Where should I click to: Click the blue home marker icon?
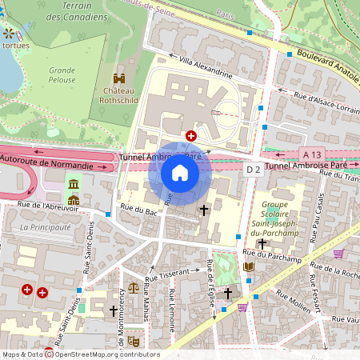pos(180,173)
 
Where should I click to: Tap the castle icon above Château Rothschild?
pos(118,79)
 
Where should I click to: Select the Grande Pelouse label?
pos(62,74)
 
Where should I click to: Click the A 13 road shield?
pos(312,154)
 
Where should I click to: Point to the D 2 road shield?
pos(253,169)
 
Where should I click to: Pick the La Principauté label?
pos(46,227)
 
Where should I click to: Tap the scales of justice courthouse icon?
pos(134,286)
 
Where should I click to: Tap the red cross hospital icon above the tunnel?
pos(191,137)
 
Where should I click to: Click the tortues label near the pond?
pos(15,46)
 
